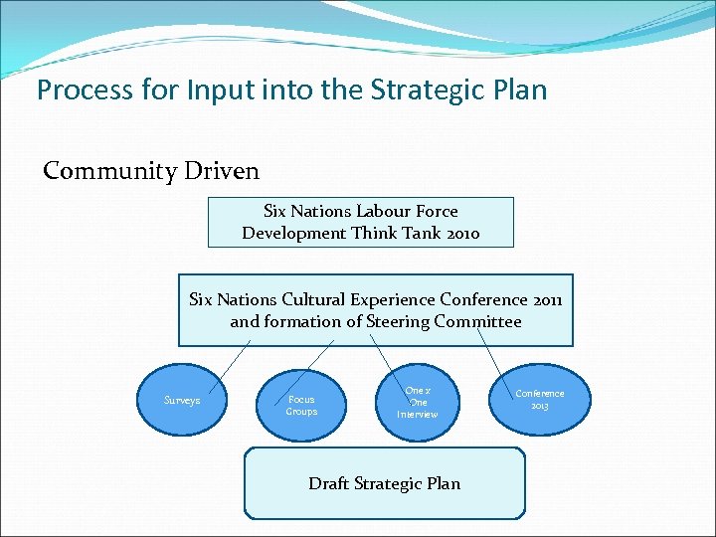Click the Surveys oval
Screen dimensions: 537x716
point(182,400)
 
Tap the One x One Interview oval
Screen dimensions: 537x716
point(418,402)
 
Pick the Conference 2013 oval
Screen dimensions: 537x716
point(539,399)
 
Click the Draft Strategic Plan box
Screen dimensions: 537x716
point(384,483)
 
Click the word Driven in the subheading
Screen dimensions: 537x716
point(222,171)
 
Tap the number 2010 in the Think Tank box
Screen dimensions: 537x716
point(460,233)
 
